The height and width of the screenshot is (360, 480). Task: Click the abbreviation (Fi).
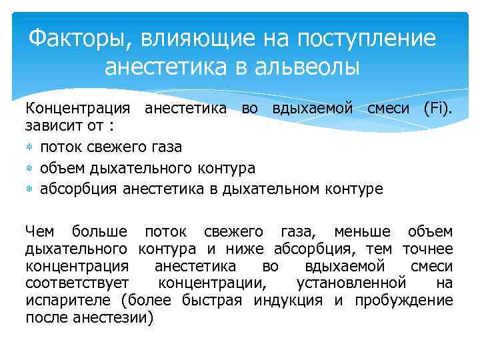(x=437, y=109)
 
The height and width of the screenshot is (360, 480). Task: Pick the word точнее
(x=428, y=249)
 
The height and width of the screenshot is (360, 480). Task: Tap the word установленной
(x=351, y=283)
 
